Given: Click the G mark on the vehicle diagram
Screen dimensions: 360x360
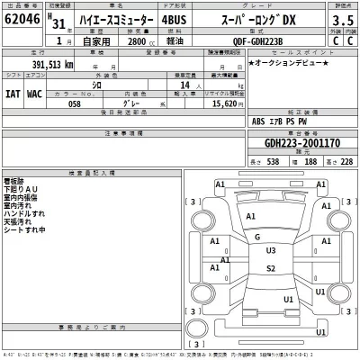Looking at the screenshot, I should (x=257, y=237).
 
